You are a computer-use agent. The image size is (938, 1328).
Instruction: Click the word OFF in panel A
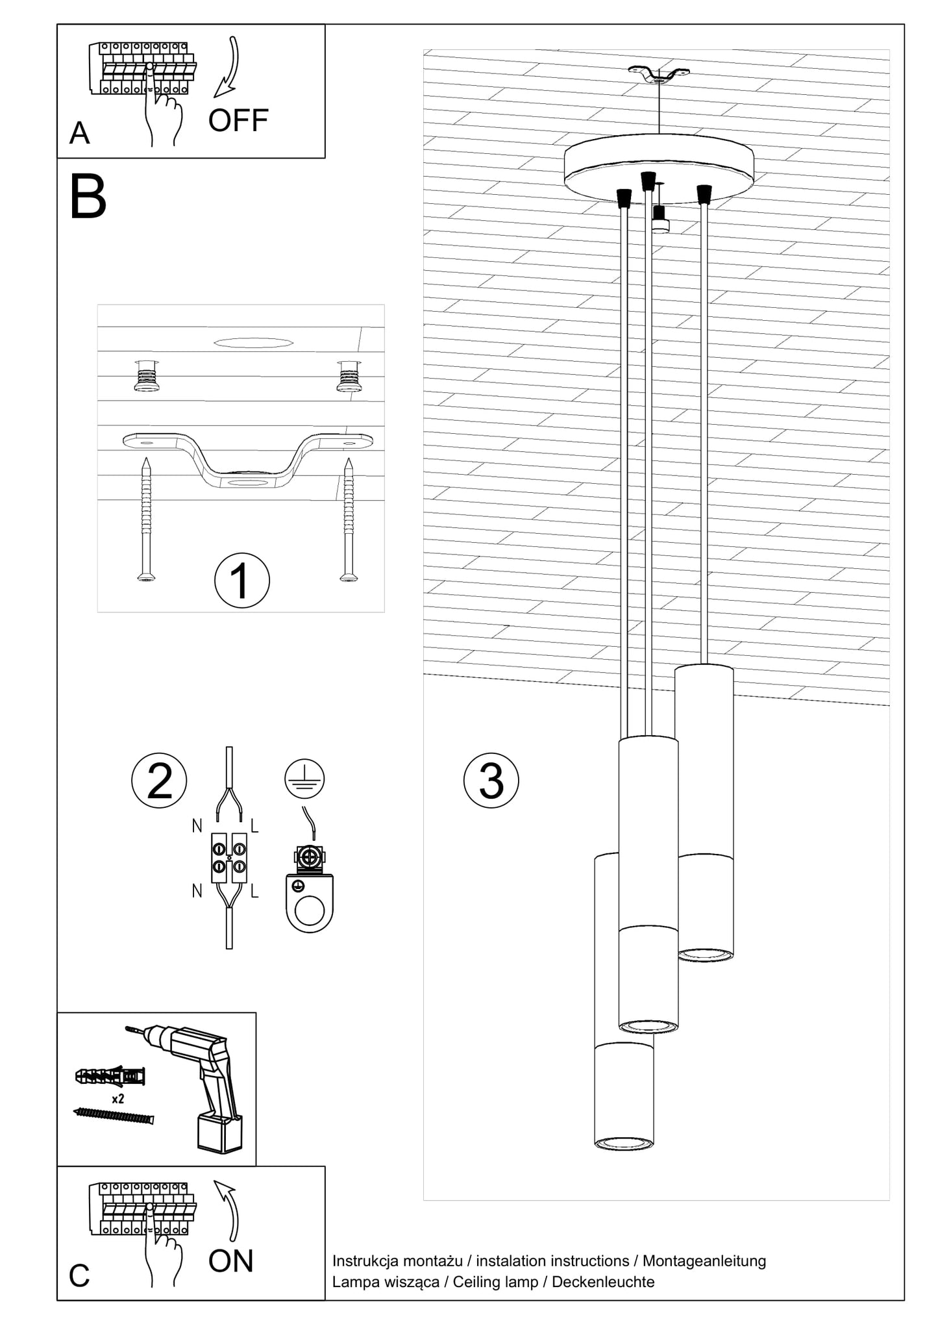238,121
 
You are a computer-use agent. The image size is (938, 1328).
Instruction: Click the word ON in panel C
231,1261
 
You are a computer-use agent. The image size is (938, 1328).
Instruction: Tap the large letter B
88,197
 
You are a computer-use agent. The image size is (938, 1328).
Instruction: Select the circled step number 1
241,581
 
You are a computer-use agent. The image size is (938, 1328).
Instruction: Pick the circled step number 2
159,781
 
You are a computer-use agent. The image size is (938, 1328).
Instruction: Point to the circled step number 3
491,781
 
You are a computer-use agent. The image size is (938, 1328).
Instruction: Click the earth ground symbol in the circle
304,779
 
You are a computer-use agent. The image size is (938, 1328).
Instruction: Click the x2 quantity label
118,1099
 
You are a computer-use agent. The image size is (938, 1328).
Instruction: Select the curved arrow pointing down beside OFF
229,68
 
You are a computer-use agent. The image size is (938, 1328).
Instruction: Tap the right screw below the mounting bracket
349,520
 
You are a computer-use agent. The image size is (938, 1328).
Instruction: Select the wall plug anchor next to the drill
110,1077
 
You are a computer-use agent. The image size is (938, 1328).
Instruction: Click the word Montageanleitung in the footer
704,1261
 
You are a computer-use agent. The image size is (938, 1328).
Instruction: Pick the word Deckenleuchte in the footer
603,1282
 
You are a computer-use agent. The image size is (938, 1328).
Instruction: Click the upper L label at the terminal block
254,827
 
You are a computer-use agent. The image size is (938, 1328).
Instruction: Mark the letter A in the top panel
79,133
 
